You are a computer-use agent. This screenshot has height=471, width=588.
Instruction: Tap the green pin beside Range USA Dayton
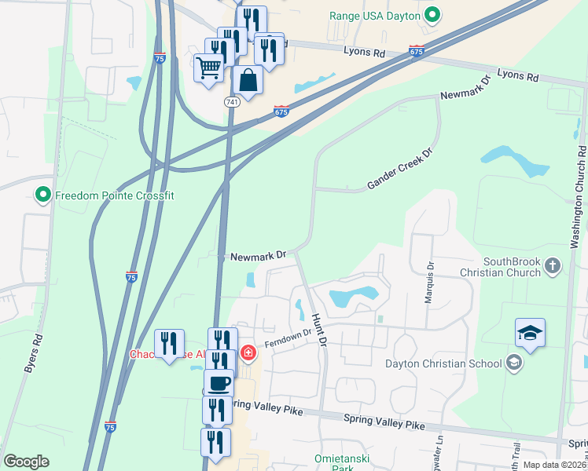click(x=432, y=14)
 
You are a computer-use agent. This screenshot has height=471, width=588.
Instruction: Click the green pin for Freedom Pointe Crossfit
click(x=43, y=195)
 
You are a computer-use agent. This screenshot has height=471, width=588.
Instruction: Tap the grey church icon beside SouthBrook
click(x=553, y=265)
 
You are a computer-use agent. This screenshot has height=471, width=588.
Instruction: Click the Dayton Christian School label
click(x=443, y=363)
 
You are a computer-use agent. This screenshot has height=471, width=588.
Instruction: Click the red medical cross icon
click(x=248, y=353)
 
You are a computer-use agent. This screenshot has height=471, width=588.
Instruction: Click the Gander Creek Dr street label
click(x=400, y=170)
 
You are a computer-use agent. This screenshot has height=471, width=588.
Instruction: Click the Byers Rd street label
click(x=34, y=354)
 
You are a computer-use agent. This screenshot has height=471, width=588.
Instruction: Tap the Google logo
click(x=26, y=462)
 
